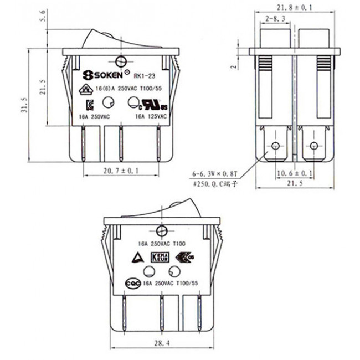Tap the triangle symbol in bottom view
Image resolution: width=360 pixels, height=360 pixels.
[x=135, y=256]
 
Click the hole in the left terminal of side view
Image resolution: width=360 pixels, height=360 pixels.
[x=274, y=147]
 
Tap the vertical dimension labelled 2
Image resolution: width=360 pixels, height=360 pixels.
[x=234, y=65]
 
